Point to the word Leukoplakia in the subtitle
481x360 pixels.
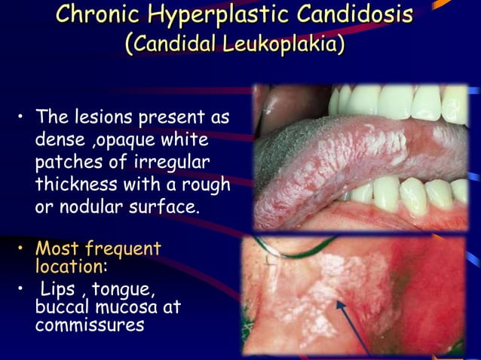coord(283,42)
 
